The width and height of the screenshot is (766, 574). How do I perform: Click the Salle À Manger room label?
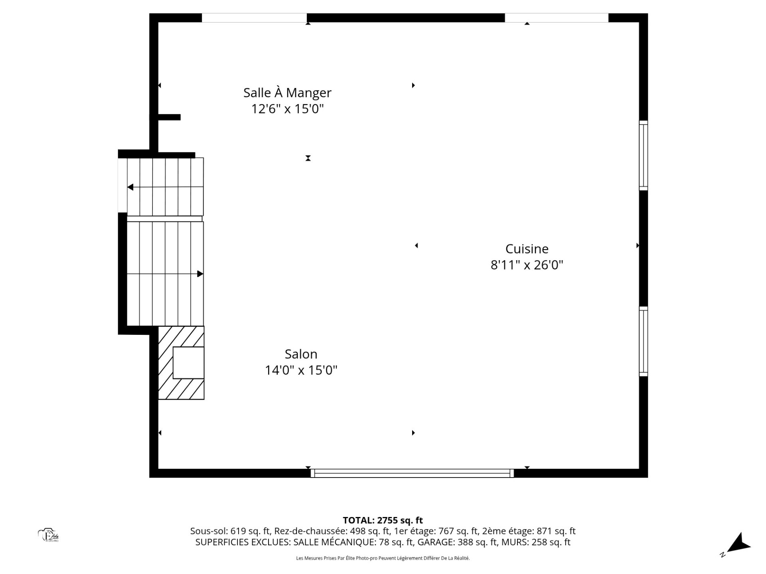pos(287,92)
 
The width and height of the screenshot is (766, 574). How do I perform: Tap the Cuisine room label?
pos(527,249)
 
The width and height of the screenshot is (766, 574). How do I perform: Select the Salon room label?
pos(301,354)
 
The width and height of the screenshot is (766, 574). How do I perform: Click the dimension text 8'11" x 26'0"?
pos(527,265)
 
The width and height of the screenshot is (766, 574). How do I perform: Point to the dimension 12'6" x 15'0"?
pos(287,109)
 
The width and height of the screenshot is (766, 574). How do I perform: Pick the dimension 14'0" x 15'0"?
pos(301,370)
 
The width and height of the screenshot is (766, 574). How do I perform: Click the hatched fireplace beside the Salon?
pos(181,363)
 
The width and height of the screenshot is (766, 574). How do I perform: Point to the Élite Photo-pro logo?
pos(49,535)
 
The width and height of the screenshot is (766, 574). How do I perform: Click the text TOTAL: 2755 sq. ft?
pos(383,520)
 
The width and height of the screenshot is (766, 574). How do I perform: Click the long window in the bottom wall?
pos(413,473)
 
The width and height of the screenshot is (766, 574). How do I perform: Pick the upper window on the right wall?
pos(643,155)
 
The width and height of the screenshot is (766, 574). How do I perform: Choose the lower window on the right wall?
pos(643,341)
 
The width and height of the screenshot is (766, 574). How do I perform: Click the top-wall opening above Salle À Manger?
pos(254,18)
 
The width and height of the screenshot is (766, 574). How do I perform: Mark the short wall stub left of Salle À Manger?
pos(169,117)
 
